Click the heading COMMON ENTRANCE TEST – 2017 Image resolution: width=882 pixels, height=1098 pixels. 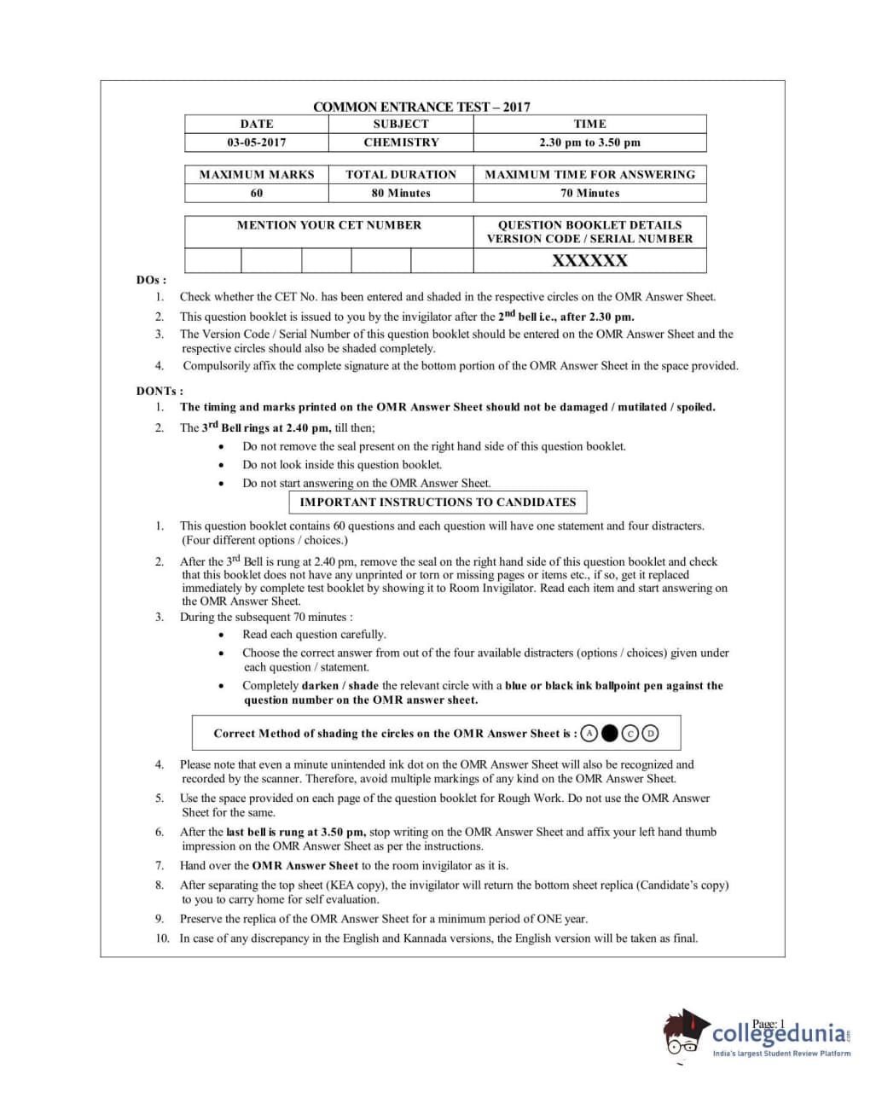421,107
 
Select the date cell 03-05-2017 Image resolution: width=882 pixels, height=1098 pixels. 256,142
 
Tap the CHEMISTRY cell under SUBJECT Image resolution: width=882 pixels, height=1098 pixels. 401,142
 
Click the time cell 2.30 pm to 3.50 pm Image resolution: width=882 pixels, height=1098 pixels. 589,142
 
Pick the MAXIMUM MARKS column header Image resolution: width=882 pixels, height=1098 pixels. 257,174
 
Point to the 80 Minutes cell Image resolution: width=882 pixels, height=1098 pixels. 401,193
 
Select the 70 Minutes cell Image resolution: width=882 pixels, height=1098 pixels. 589,193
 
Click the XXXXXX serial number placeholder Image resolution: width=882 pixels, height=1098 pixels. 589,260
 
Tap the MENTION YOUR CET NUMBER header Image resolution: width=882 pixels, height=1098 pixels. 329,225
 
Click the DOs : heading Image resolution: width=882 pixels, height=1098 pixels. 151,280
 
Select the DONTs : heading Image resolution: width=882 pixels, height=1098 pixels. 160,391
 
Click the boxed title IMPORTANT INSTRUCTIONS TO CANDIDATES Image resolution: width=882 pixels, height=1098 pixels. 438,502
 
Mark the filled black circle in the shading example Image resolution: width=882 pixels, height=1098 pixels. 609,733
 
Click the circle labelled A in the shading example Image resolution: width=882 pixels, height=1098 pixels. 589,733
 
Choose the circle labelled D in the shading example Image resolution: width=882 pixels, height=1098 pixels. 651,733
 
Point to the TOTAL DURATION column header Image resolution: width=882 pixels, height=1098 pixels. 401,174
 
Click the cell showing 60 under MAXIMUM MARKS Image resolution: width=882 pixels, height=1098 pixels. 257,193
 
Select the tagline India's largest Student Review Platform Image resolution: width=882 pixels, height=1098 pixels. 781,1054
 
